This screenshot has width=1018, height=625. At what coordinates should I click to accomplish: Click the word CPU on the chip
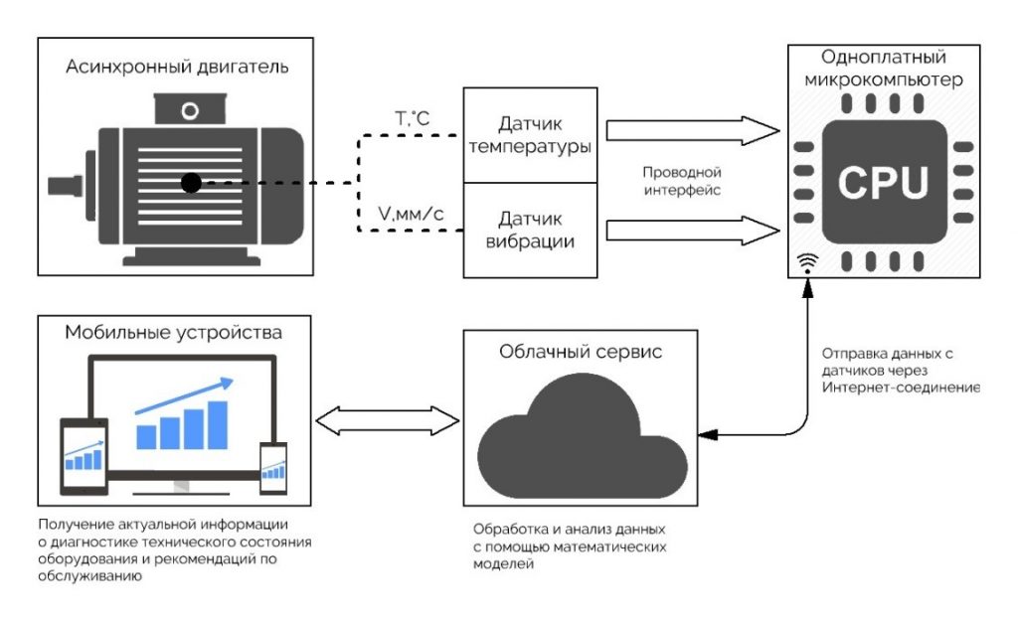[x=884, y=181]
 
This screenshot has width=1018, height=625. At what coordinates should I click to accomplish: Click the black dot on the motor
[x=192, y=182]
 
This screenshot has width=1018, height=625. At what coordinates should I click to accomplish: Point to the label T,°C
[x=412, y=120]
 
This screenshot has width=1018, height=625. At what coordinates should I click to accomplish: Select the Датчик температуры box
[x=530, y=135]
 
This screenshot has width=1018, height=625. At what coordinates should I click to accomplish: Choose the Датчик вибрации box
[x=530, y=230]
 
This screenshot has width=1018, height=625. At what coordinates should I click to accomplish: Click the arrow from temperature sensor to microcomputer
[x=692, y=130]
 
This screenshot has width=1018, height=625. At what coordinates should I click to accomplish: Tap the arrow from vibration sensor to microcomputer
[x=692, y=230]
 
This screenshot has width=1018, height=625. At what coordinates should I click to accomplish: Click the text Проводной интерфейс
[x=682, y=180]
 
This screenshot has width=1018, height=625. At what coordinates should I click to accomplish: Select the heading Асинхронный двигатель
[x=177, y=68]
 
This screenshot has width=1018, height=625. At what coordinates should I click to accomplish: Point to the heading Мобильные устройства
[x=173, y=331]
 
